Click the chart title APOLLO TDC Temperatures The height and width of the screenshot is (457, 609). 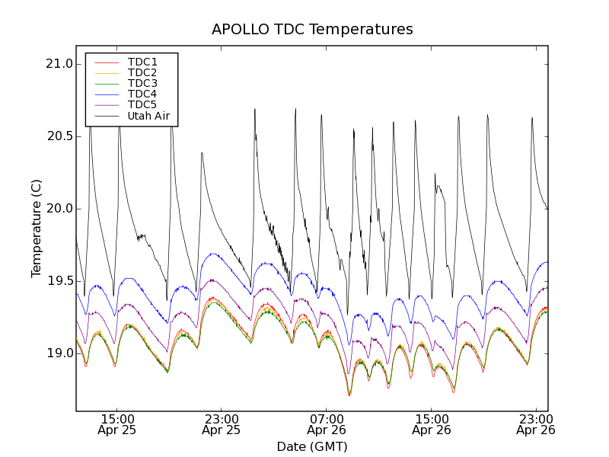[312, 30]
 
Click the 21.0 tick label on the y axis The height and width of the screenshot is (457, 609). [59, 64]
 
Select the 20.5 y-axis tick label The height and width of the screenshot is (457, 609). [59, 136]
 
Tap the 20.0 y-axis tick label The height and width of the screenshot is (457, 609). [59, 209]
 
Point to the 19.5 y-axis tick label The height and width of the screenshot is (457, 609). [59, 281]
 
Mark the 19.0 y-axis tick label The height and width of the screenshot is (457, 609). [59, 353]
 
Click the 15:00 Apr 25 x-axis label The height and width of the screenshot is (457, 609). [116, 424]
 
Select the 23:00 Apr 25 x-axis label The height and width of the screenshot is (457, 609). [222, 424]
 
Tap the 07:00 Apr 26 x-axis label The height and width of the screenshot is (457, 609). [327, 424]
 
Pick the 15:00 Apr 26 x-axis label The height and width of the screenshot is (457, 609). [432, 424]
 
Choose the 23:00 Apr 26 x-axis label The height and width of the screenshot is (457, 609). [536, 424]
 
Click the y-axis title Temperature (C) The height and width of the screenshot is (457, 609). [37, 228]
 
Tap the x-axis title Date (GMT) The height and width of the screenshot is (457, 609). [312, 446]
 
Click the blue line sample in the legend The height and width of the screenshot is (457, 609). [105, 94]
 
